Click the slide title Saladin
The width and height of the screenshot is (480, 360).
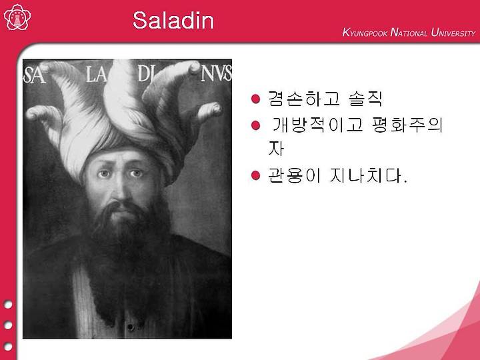[173, 20]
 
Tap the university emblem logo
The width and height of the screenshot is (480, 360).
[17, 17]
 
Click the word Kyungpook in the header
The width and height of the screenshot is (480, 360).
[365, 33]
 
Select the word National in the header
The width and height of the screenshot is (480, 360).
[409, 33]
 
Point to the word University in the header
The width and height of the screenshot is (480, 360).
[453, 33]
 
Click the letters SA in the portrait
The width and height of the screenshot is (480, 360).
[34, 75]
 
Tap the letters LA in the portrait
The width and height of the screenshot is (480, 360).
[96, 75]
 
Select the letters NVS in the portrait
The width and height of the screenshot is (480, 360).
[216, 73]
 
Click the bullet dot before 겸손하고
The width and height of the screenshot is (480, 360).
[255, 99]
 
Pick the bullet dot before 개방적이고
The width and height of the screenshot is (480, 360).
[255, 125]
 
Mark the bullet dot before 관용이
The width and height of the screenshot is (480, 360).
[255, 175]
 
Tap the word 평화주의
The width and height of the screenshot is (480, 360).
[407, 125]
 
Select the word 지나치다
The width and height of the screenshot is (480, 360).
[368, 175]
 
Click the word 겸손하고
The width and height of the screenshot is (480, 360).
[304, 99]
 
